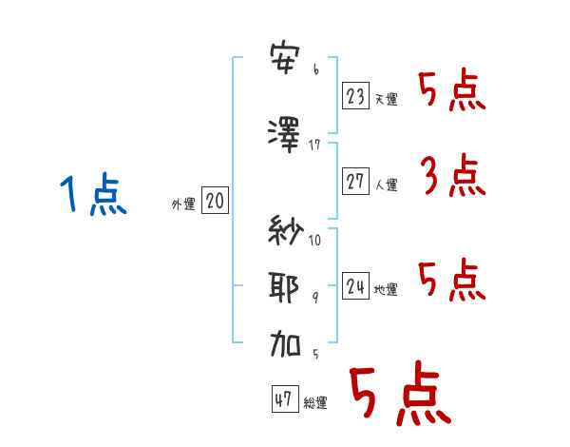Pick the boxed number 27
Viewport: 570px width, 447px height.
pyautogui.click(x=355, y=182)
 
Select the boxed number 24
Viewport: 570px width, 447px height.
pyautogui.click(x=355, y=285)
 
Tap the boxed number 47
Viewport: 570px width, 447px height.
pyautogui.click(x=284, y=399)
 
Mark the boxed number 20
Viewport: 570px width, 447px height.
pyautogui.click(x=214, y=201)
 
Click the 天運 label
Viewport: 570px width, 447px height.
pyautogui.click(x=386, y=100)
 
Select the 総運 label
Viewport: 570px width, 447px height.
pyautogui.click(x=315, y=404)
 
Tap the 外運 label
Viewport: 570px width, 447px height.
pyautogui.click(x=182, y=204)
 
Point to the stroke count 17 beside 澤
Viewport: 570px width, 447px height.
pyautogui.click(x=315, y=144)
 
